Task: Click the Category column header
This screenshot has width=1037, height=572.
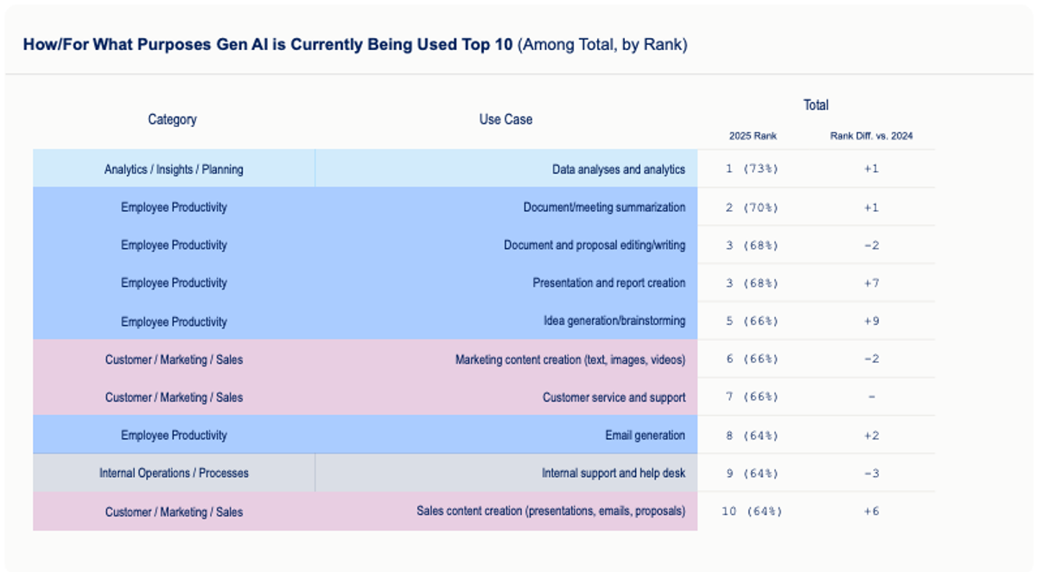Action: point(172,119)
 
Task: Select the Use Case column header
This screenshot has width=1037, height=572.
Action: point(506,119)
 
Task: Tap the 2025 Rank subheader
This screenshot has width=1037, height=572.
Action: point(753,136)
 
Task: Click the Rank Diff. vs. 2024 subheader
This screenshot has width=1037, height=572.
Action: point(871,136)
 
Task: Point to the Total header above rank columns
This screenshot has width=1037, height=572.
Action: point(816,105)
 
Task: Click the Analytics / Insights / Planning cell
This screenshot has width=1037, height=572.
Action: point(174,169)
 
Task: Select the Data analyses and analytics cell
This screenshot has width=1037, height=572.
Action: point(618,169)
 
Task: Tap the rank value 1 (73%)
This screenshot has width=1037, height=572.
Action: point(752,168)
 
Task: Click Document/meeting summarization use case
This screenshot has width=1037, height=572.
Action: point(604,207)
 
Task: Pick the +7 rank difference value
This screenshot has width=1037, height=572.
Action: point(871,283)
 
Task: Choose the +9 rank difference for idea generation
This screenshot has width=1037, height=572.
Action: point(871,321)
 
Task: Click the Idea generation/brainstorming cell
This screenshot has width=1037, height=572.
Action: point(614,321)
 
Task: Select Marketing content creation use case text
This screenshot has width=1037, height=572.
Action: point(570,359)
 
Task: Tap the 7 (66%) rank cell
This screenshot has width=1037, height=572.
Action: point(752,397)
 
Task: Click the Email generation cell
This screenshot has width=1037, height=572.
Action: point(645,435)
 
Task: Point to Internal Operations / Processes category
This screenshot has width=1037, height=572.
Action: point(174,473)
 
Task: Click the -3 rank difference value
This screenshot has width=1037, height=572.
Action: point(871,473)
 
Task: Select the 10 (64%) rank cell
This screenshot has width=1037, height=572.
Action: point(752,511)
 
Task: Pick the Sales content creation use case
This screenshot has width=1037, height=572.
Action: point(550,512)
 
